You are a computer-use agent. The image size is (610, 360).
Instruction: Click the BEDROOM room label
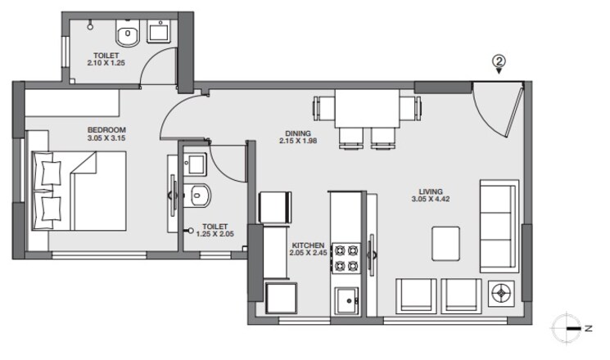pos(106,130)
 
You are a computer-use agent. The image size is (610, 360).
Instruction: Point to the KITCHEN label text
pos(308,245)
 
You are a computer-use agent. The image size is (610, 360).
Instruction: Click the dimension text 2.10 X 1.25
pos(107,63)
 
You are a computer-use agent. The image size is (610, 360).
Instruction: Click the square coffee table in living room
pos(446,244)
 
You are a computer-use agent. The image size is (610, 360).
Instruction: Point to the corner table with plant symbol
pos(500,293)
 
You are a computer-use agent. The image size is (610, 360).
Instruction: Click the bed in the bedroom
pos(79,191)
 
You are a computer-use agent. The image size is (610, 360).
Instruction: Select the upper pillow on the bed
pos(49,173)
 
